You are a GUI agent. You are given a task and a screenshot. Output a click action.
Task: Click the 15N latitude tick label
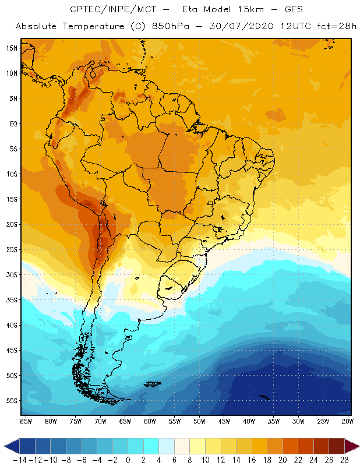click(x=11, y=48)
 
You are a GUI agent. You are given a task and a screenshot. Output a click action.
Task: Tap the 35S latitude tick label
click(x=11, y=300)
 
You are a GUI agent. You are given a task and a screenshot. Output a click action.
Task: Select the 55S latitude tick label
click(x=11, y=401)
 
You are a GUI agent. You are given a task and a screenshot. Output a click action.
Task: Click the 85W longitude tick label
click(x=26, y=421)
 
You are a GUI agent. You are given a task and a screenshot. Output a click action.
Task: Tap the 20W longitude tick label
click(x=348, y=421)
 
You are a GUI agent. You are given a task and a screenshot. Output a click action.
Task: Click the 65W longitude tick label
click(x=125, y=421)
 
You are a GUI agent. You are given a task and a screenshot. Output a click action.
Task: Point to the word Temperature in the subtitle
click(x=91, y=27)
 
